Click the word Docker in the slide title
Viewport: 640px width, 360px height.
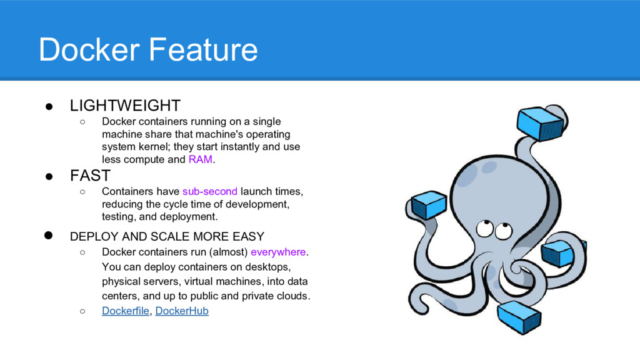click(x=89, y=49)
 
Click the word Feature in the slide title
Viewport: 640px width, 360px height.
click(x=203, y=49)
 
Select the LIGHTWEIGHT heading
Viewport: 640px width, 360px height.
click(x=125, y=105)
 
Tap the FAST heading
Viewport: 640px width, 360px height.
click(x=90, y=176)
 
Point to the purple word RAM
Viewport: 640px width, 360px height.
click(x=201, y=159)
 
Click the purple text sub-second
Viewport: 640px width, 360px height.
click(x=210, y=191)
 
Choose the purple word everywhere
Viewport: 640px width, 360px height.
click(x=278, y=252)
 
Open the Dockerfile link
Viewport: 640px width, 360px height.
click(x=125, y=311)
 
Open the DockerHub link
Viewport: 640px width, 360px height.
click(x=182, y=311)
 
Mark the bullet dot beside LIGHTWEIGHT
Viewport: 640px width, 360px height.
click(x=49, y=106)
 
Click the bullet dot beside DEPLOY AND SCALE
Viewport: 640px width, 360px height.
click(x=49, y=236)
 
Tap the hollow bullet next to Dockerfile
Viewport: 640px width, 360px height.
click(x=83, y=311)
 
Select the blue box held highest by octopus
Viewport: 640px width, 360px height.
click(x=540, y=123)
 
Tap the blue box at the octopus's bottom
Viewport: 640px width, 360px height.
click(x=519, y=317)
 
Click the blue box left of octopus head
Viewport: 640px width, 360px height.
click(x=429, y=205)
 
